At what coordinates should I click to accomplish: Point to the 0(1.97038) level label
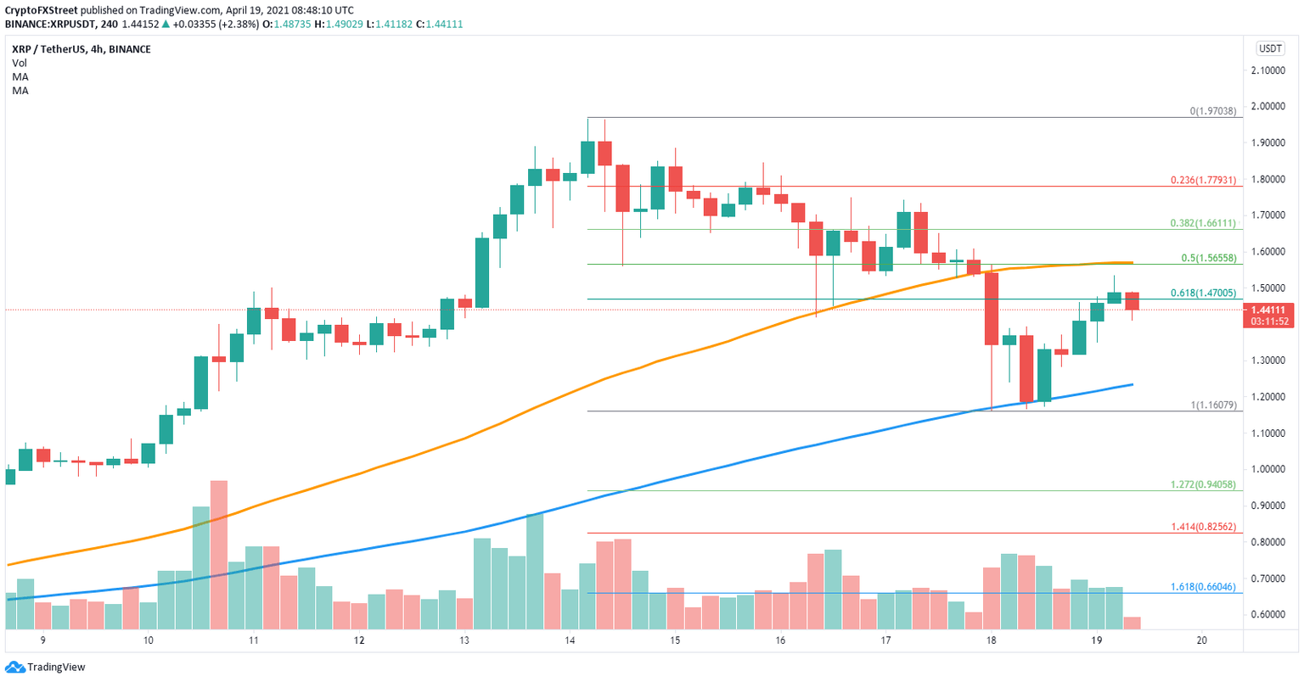(1212, 111)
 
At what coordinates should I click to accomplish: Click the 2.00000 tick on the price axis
(1271, 107)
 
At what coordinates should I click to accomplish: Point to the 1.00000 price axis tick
(1271, 469)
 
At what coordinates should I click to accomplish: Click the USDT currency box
(1271, 49)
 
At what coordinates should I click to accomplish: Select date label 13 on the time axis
(464, 640)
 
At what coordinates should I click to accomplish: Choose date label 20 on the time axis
(1200, 640)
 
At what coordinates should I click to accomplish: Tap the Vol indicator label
(19, 63)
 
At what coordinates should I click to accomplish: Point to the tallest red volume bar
(219, 555)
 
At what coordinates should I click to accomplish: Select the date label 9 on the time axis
(42, 640)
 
